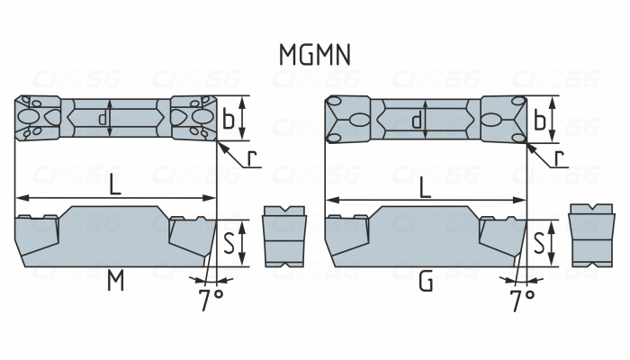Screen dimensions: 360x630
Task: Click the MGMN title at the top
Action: click(315, 54)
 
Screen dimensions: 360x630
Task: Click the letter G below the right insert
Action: click(426, 283)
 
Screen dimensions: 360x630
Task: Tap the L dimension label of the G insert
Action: click(425, 187)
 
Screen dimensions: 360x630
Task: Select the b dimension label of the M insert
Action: click(229, 118)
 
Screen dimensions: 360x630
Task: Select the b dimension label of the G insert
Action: click(540, 118)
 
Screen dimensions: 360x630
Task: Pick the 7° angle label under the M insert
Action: click(211, 300)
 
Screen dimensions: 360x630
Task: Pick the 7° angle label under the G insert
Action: click(522, 300)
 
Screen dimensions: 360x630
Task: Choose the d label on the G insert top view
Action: click(416, 119)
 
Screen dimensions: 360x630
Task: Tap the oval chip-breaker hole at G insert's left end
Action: click(359, 119)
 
